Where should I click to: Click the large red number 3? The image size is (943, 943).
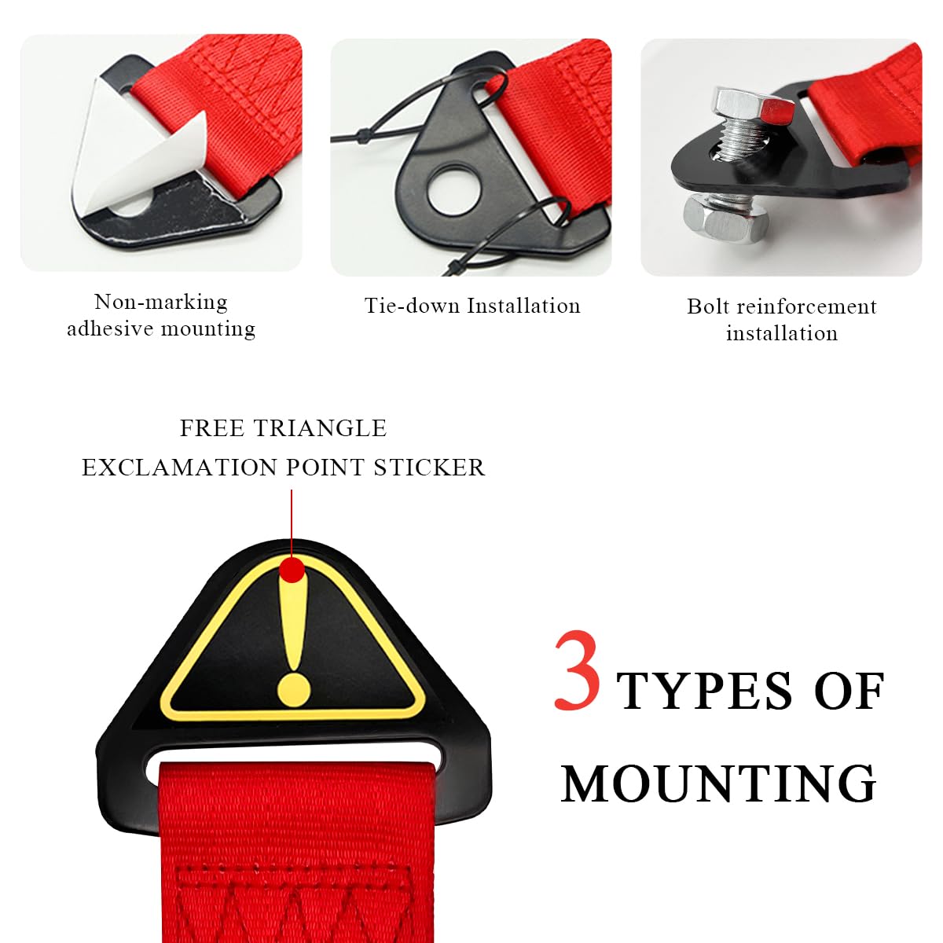[x=578, y=672]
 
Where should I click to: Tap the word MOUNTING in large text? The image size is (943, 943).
[x=718, y=784]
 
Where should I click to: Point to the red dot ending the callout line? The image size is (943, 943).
[x=292, y=570]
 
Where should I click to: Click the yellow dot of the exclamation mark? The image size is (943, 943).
[x=294, y=688]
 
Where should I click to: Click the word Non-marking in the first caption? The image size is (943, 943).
[x=161, y=302]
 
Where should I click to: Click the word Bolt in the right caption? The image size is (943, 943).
[x=708, y=306]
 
